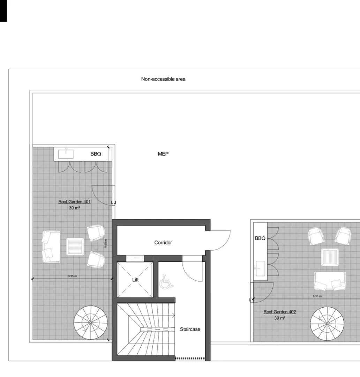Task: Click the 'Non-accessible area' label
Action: point(163,79)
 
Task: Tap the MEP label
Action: point(163,154)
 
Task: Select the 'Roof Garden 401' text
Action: point(75,202)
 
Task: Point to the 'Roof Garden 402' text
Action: point(279,312)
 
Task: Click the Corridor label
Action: point(163,243)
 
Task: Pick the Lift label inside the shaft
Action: point(136,280)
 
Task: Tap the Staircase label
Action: point(190,329)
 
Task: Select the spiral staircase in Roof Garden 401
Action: point(90,323)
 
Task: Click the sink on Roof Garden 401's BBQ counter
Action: point(66,154)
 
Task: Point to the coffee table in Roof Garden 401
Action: point(75,246)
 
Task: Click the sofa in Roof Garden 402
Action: point(330,281)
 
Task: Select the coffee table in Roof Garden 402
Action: point(330,257)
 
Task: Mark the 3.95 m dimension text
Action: point(73,276)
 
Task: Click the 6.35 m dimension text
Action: point(317,296)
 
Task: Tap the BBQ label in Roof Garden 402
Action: point(260,238)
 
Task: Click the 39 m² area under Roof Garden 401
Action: point(74,208)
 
